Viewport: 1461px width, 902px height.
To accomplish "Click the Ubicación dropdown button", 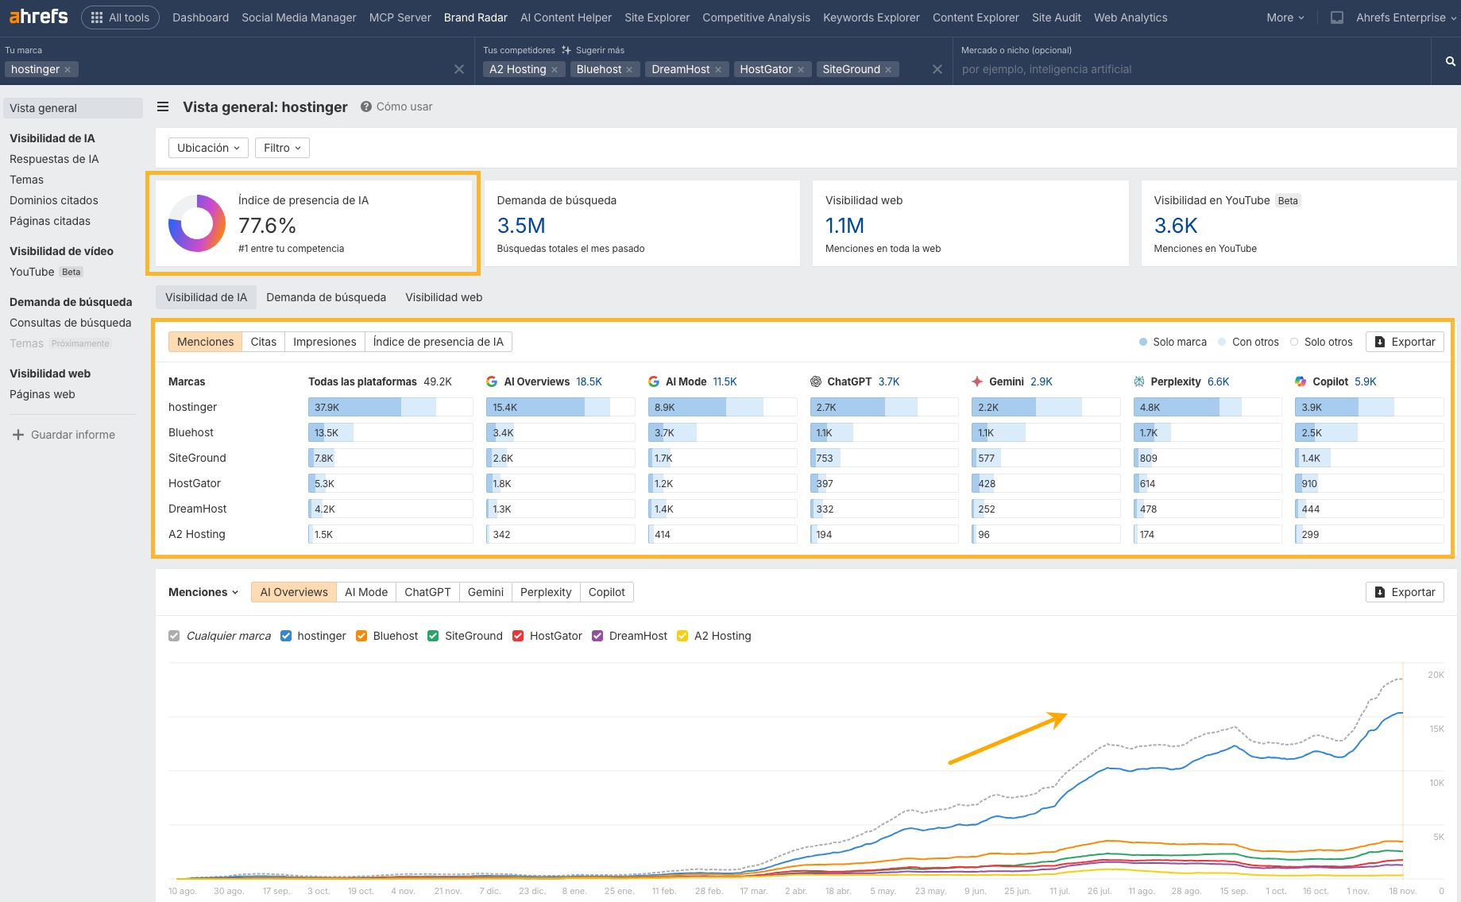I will point(208,148).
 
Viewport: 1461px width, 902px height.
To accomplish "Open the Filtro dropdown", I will point(282,148).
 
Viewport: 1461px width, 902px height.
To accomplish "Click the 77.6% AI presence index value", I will point(267,226).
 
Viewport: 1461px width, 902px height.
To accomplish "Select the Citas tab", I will point(263,342).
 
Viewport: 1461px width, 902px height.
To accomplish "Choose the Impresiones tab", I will point(324,342).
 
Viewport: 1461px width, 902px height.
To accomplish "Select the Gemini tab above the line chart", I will point(485,592).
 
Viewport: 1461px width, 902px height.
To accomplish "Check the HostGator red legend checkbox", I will point(518,636).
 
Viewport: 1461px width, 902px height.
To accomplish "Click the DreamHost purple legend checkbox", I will point(597,636).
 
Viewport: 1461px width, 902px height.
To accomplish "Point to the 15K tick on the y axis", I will point(1436,729).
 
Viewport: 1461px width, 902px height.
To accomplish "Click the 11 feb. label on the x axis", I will point(663,891).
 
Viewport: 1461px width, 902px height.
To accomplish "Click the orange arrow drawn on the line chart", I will point(1007,739).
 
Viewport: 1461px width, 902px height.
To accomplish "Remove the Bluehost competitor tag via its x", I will point(629,70).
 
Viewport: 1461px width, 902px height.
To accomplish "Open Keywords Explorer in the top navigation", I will point(871,17).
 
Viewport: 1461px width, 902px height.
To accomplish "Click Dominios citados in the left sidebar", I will point(54,200).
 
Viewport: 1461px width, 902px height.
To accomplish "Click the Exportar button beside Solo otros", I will point(1404,342).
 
